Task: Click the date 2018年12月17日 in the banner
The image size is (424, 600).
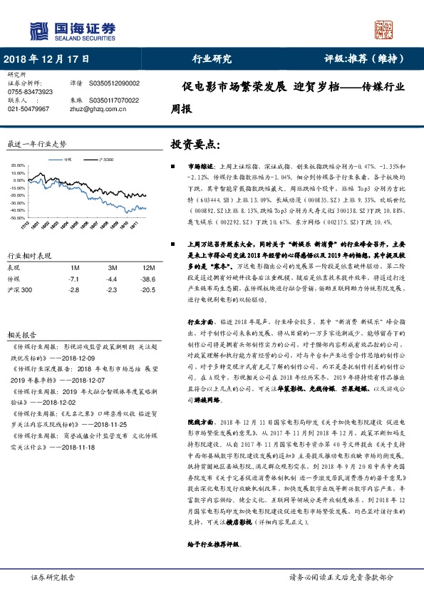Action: click(47, 60)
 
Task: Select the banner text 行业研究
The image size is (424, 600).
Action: click(212, 60)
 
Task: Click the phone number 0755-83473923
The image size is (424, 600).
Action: click(30, 92)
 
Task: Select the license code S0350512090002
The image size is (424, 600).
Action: click(114, 83)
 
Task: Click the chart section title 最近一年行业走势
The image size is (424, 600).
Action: click(36, 143)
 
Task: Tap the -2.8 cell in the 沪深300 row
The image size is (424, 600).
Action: click(73, 291)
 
